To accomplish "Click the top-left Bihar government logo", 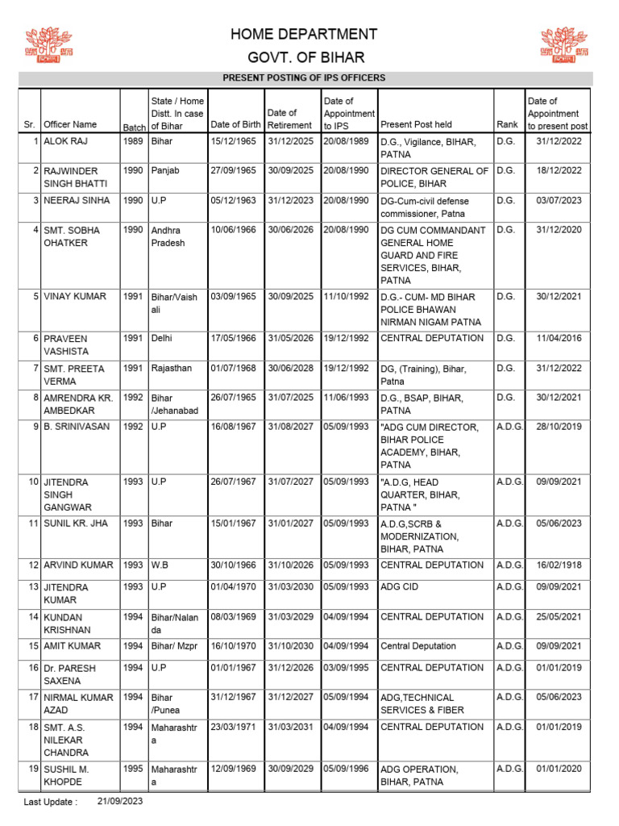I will tap(49, 46).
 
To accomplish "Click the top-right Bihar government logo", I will tap(565, 46).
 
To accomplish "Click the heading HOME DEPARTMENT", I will tap(304, 34).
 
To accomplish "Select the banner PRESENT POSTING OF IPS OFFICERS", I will tap(304, 78).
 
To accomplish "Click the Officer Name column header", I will tap(70, 124).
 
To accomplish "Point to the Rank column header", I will tap(507, 125).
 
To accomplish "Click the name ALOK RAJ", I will tap(65, 142).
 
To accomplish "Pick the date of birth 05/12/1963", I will tap(233, 201).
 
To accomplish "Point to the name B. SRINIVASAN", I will tap(77, 427).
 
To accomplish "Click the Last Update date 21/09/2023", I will tap(120, 802).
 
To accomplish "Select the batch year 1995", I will tap(133, 769).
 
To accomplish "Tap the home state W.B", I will tap(160, 565).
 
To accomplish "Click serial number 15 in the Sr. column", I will tap(34, 646).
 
